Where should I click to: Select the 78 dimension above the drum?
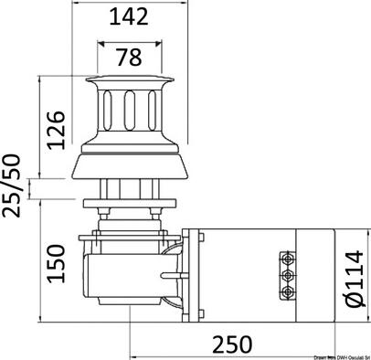129,57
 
